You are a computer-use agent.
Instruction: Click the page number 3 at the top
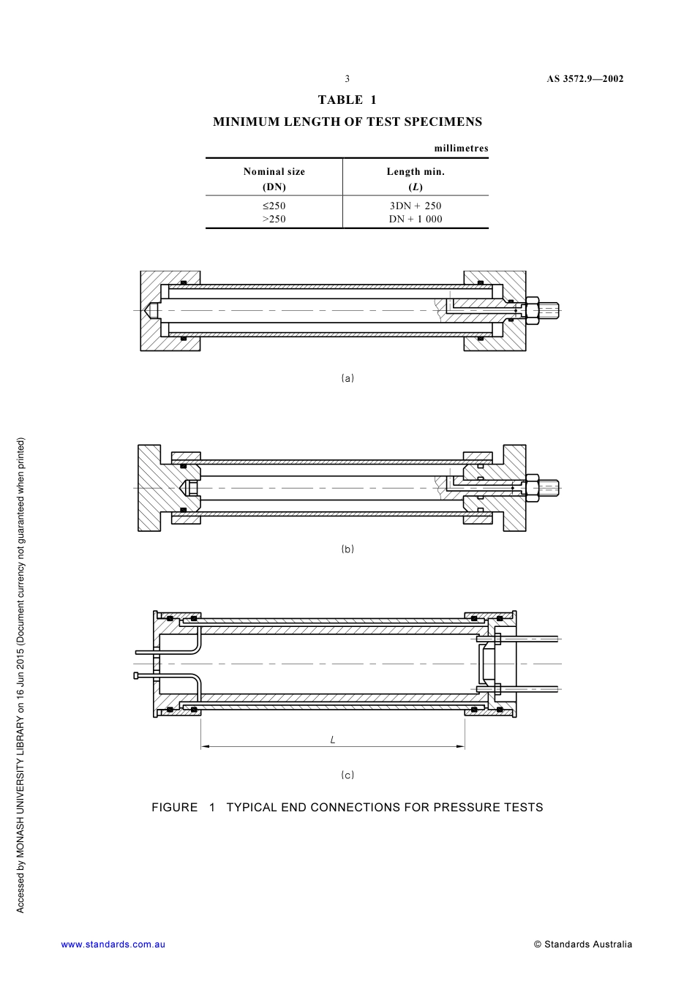[347, 79]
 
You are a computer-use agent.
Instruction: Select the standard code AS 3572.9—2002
[585, 79]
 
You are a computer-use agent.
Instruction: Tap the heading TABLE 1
[347, 99]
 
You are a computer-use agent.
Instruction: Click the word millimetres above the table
[461, 148]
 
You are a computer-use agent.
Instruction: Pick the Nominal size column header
[274, 172]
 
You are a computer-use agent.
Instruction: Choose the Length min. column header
[416, 172]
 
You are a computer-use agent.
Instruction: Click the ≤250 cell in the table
[274, 206]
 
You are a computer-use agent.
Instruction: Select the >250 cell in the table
[274, 219]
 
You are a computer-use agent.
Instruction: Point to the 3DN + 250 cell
[416, 206]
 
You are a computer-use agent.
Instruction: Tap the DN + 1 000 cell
[416, 219]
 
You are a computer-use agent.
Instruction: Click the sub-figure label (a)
[347, 378]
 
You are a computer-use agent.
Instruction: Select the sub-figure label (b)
[347, 549]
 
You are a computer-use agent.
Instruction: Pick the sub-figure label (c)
[347, 775]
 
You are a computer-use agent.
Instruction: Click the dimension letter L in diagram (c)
[333, 740]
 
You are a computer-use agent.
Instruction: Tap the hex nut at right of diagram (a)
[532, 310]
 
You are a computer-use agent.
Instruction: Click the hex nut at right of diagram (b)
[532, 487]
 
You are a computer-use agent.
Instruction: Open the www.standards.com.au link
[113, 944]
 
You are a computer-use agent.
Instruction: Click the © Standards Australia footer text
[583, 944]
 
